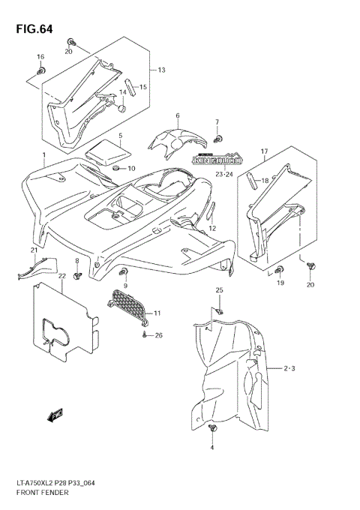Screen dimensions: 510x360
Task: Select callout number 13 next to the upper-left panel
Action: pyautogui.click(x=160, y=70)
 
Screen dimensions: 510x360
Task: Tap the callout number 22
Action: pyautogui.click(x=62, y=277)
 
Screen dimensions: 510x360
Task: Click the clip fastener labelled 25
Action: pyautogui.click(x=219, y=309)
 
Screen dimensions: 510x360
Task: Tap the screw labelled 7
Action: pyautogui.click(x=217, y=138)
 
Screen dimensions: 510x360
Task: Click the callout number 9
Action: pyautogui.click(x=126, y=286)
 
